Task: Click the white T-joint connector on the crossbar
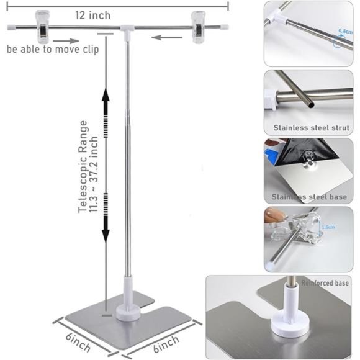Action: coord(127,28)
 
